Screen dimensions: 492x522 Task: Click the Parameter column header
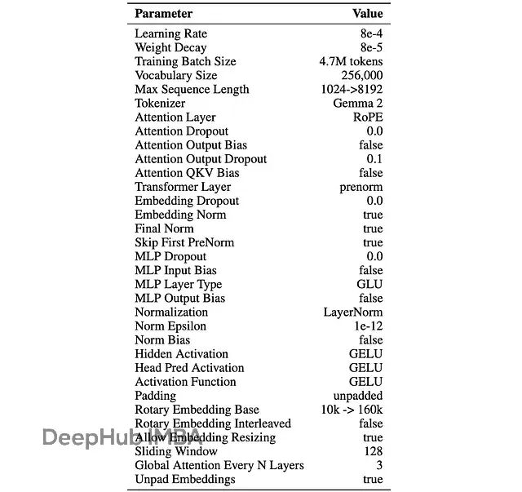(163, 14)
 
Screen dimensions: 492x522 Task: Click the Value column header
(367, 14)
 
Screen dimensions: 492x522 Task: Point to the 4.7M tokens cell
(351, 61)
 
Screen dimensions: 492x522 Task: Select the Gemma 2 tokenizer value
(357, 104)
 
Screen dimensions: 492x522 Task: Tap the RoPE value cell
(365, 117)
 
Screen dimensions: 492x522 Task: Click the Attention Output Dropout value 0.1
(374, 159)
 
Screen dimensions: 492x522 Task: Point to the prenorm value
(361, 187)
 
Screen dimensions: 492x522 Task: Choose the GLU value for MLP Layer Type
(369, 285)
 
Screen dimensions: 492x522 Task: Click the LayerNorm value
(352, 312)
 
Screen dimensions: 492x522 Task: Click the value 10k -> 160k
(352, 410)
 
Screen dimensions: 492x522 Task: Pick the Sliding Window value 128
(373, 451)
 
